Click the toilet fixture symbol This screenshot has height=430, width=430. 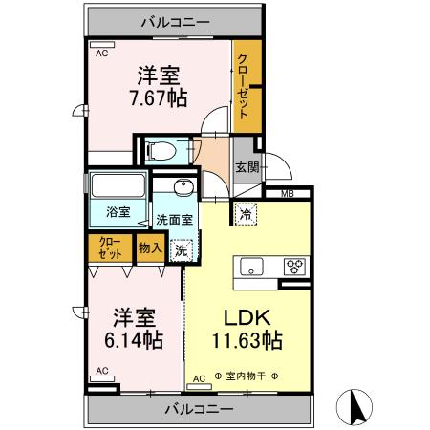pyautogui.click(x=161, y=150)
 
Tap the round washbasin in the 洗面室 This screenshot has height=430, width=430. pyautogui.click(x=183, y=187)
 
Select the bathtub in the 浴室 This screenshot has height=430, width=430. pyautogui.click(x=118, y=185)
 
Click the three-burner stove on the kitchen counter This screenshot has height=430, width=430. pyautogui.click(x=294, y=267)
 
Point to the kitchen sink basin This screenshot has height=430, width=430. pyautogui.click(x=251, y=267)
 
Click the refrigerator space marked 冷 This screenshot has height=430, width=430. pyautogui.click(x=246, y=214)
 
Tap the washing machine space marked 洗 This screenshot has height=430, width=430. pyautogui.click(x=181, y=250)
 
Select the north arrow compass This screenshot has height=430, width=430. pyautogui.click(x=355, y=407)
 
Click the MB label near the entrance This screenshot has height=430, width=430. pyautogui.click(x=288, y=193)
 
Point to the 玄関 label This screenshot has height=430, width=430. pyautogui.click(x=247, y=167)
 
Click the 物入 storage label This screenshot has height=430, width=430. pyautogui.click(x=150, y=247)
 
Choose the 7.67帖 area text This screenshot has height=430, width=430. pyautogui.click(x=159, y=97)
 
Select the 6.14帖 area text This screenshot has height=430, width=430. pyautogui.click(x=134, y=339)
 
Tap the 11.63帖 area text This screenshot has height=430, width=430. pyautogui.click(x=247, y=340)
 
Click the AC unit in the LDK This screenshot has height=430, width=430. pyautogui.click(x=199, y=386)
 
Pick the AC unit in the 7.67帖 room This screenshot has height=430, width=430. pyautogui.click(x=102, y=45)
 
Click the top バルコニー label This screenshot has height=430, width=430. pyautogui.click(x=176, y=22)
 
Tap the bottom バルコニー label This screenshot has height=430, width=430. pyautogui.click(x=199, y=409)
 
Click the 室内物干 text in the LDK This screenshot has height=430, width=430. pyautogui.click(x=246, y=376)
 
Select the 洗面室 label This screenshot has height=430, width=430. pyautogui.click(x=174, y=220)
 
